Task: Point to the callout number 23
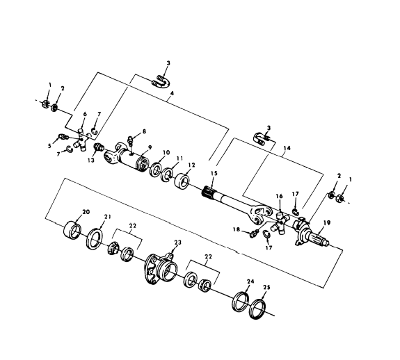tap(177, 243)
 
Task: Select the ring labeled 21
tap(95, 240)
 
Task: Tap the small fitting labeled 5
tap(63, 136)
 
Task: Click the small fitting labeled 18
tap(255, 232)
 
